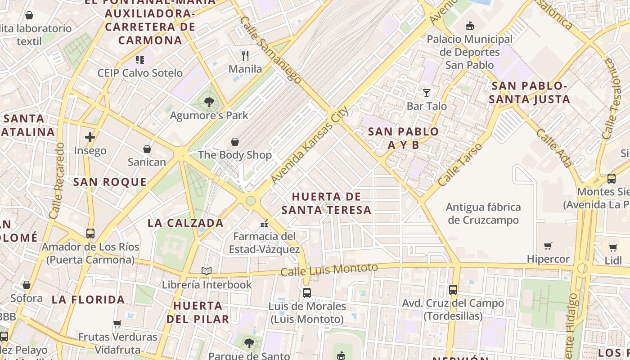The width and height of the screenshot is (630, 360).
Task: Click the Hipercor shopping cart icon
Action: tap(548, 246)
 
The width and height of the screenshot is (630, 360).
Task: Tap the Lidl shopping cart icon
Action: tap(613, 247)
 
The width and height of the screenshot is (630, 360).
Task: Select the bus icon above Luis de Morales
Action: tap(307, 292)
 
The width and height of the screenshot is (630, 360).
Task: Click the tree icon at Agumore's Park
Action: tap(209, 102)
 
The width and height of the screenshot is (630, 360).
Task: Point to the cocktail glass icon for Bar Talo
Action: tap(427, 93)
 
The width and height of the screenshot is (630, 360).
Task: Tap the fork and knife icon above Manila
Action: tap(245, 56)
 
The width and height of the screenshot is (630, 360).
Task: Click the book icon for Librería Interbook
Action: tap(207, 271)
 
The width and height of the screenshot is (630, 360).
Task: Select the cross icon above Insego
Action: tap(90, 137)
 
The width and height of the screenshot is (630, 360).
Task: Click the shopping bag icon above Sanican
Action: tap(147, 148)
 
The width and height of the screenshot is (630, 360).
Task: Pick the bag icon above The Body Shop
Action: tap(235, 142)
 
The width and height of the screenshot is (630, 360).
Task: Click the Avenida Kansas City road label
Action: tap(310, 145)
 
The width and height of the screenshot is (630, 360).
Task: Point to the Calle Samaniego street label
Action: tap(270, 50)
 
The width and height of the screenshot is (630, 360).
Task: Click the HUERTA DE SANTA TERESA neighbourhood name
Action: tap(327, 203)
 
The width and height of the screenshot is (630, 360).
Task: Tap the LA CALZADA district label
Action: tap(185, 223)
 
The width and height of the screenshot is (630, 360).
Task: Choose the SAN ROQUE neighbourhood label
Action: tap(110, 182)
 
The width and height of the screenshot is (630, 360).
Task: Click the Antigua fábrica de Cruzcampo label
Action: tap(483, 214)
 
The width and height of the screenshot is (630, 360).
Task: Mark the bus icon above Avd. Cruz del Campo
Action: tap(453, 290)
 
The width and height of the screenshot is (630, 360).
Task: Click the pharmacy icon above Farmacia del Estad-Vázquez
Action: tap(264, 223)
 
